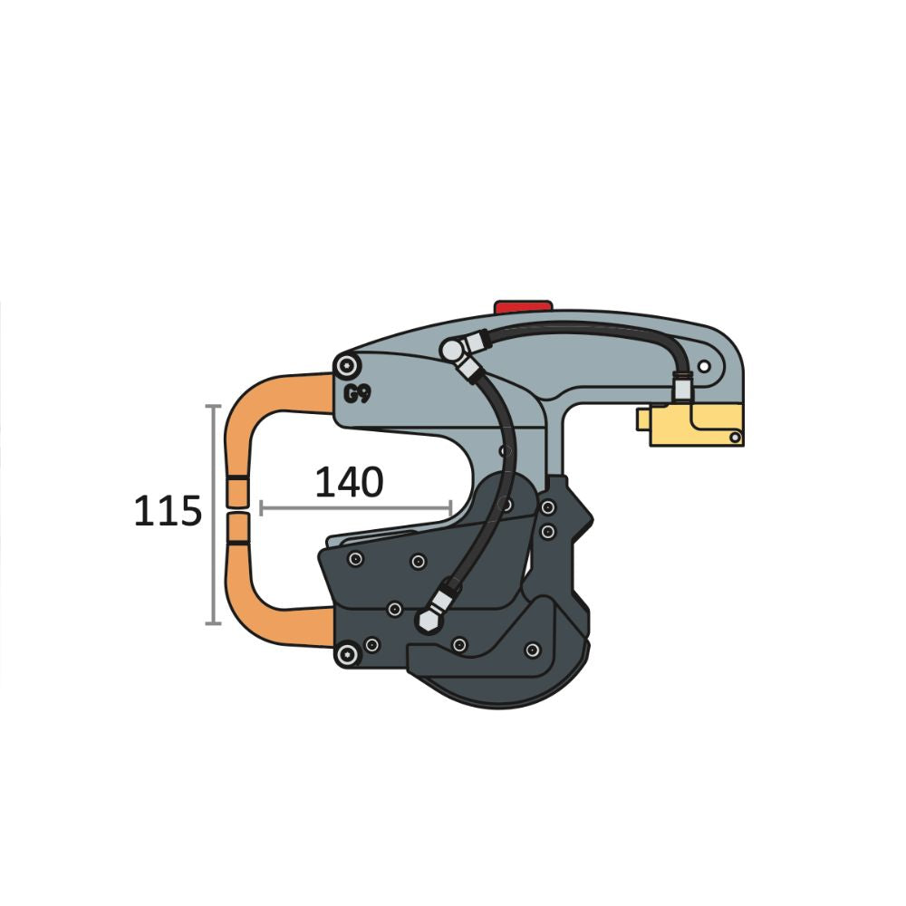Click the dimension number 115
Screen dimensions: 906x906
coord(168,513)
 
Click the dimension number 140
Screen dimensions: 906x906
coord(349,484)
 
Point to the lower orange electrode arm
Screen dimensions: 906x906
coord(267,616)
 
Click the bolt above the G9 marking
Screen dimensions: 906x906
coord(346,366)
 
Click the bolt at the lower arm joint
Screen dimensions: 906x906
coord(343,654)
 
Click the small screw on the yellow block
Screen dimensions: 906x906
coord(735,439)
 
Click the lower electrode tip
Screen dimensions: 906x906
coord(238,525)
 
